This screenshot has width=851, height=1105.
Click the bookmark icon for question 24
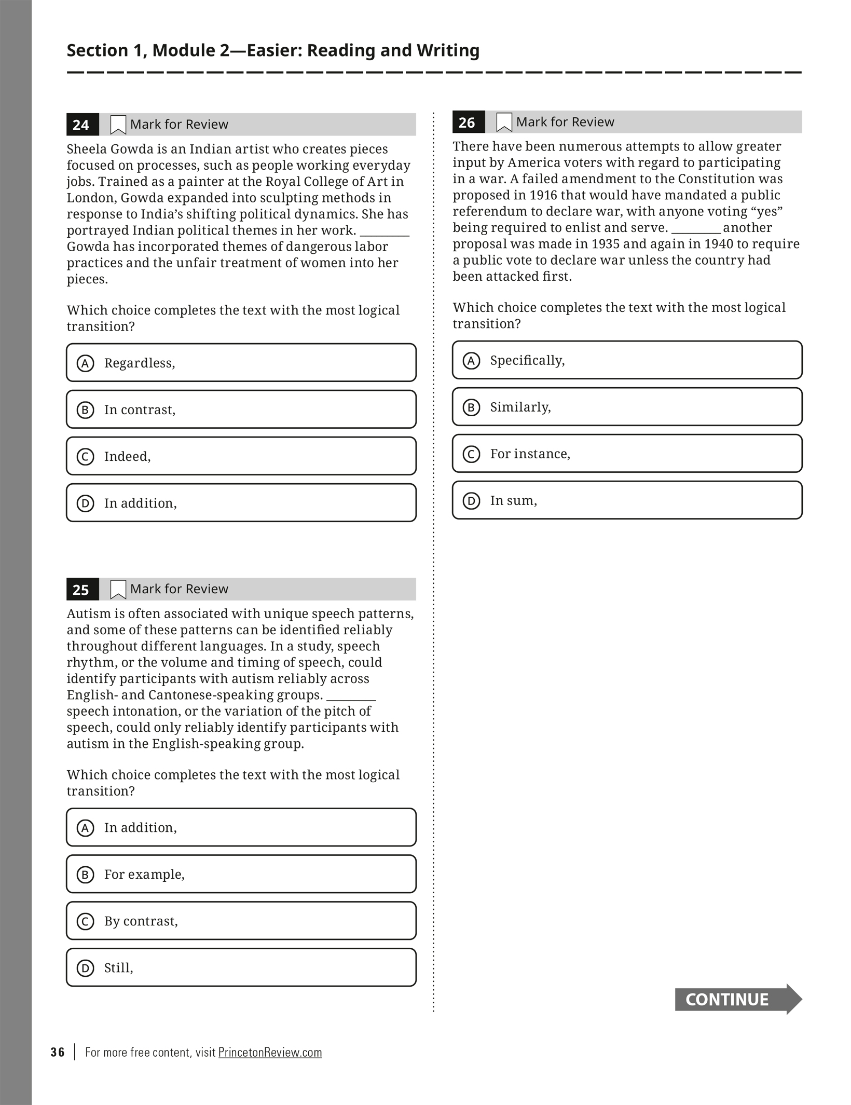(118, 125)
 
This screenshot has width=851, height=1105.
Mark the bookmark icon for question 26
(504, 122)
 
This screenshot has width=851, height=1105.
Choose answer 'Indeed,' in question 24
(241, 456)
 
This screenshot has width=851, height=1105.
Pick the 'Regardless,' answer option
(241, 363)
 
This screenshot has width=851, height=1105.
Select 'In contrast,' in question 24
(241, 410)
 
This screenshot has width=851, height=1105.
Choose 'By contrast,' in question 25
(241, 921)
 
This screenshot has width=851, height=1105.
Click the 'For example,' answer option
(241, 874)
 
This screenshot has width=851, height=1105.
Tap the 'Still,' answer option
(241, 967)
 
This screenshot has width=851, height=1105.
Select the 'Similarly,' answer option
(627, 407)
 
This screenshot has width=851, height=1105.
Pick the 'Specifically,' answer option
(627, 360)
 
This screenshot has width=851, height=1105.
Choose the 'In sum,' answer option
(627, 500)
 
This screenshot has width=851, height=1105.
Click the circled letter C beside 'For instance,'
(471, 454)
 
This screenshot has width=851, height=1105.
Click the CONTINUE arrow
(737, 999)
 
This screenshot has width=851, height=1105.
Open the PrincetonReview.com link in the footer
(270, 1052)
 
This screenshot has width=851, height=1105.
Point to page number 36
(58, 1052)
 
